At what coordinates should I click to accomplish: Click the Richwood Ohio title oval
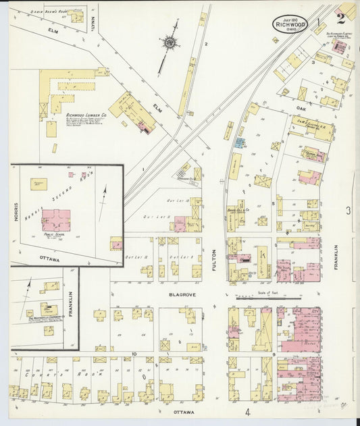coord(290,24)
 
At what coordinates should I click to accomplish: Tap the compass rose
coord(169,43)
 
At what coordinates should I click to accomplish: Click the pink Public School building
coord(56,220)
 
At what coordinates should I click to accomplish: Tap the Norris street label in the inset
coord(16,209)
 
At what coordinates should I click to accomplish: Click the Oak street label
coord(301,107)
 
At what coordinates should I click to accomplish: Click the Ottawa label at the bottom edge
coord(183,412)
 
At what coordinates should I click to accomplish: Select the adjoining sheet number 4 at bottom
coord(247,412)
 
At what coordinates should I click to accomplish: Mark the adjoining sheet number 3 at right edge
coord(349,211)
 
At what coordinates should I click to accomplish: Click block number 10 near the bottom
coord(134,354)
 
